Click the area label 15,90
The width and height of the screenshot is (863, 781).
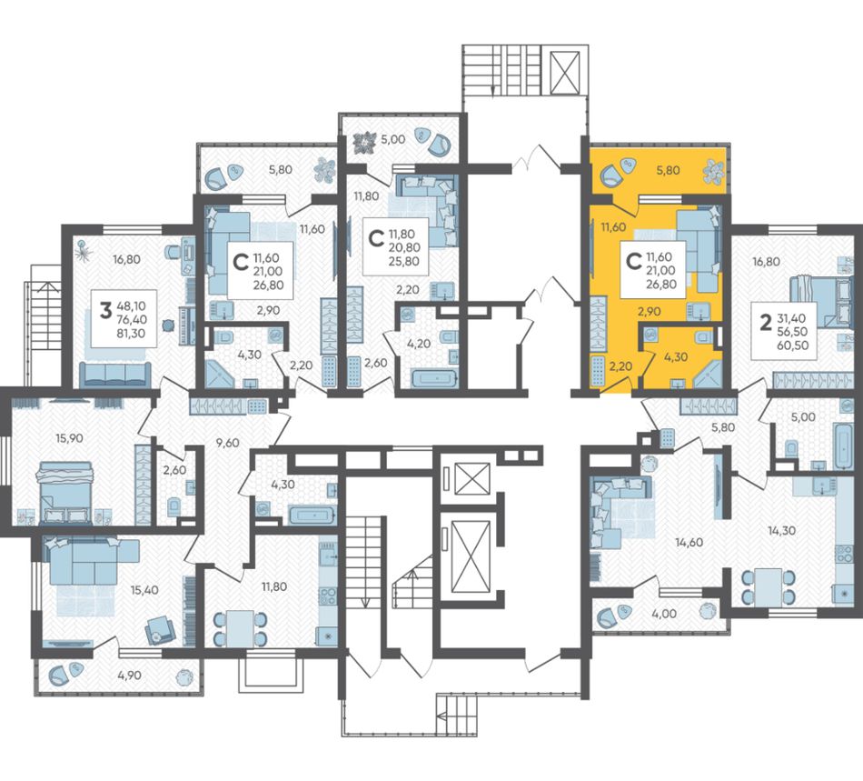69,438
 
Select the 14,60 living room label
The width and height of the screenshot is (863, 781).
689,543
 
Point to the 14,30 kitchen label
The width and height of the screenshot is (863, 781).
781,531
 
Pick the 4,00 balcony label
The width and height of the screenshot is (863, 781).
664,614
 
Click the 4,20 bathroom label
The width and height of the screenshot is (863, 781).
418,344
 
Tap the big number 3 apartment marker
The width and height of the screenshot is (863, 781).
105,312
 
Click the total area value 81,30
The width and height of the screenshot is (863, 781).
131,333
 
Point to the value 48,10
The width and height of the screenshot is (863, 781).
131,305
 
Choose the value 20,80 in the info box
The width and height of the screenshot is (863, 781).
404,248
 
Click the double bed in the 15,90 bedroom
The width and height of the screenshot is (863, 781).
64,492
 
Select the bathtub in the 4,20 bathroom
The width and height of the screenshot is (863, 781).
434,379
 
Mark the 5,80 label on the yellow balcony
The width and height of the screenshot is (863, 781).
669,170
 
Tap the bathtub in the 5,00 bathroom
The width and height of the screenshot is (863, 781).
843,446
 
